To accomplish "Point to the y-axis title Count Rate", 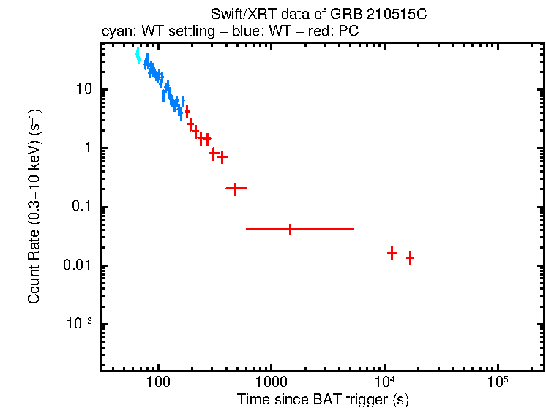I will [34, 207].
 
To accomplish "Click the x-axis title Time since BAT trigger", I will [322, 399].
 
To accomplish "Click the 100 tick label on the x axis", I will [158, 382].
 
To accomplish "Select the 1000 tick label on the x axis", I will [271, 382].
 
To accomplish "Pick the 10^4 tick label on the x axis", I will [384, 381].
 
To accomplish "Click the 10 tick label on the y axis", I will [83, 89].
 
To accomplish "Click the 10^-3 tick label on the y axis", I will [79, 324].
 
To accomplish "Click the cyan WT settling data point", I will [138, 56].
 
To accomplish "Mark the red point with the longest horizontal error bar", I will [291, 229].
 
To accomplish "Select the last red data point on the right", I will [410, 257].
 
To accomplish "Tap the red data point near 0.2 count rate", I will [235, 189].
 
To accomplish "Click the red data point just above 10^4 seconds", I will [392, 252].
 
